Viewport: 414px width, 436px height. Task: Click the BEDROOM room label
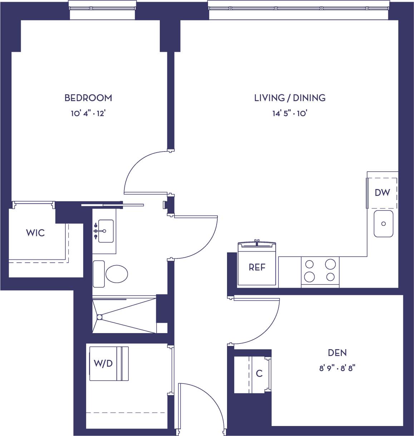pos(88,98)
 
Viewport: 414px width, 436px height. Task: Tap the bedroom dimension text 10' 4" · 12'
pos(88,114)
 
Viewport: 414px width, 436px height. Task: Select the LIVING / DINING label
pos(290,98)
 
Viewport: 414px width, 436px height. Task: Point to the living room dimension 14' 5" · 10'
pos(290,114)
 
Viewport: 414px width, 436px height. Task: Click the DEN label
pos(337,353)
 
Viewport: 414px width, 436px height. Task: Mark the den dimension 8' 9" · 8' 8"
pos(337,368)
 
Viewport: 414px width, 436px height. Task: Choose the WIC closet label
pos(35,233)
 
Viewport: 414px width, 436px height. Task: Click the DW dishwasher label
pos(382,193)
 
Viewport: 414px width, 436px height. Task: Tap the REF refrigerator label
pos(257,267)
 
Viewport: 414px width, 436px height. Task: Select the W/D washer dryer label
pos(103,364)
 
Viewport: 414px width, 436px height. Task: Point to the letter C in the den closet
pos(259,374)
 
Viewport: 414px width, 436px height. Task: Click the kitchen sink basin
pos(383,224)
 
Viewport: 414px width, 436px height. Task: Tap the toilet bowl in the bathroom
pos(116,274)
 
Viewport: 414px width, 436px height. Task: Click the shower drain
pos(99,317)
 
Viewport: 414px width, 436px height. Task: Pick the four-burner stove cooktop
pos(320,271)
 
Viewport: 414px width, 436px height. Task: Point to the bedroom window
pos(102,9)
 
